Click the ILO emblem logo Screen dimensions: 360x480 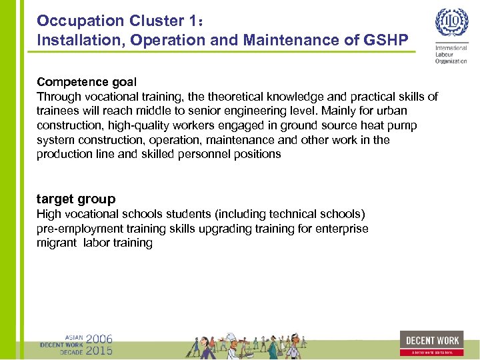tap(451, 24)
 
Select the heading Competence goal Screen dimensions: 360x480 tap(87, 82)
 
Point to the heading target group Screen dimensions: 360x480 tap(76, 199)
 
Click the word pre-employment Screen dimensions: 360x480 tap(75, 229)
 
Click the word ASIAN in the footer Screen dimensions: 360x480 tap(73, 337)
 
